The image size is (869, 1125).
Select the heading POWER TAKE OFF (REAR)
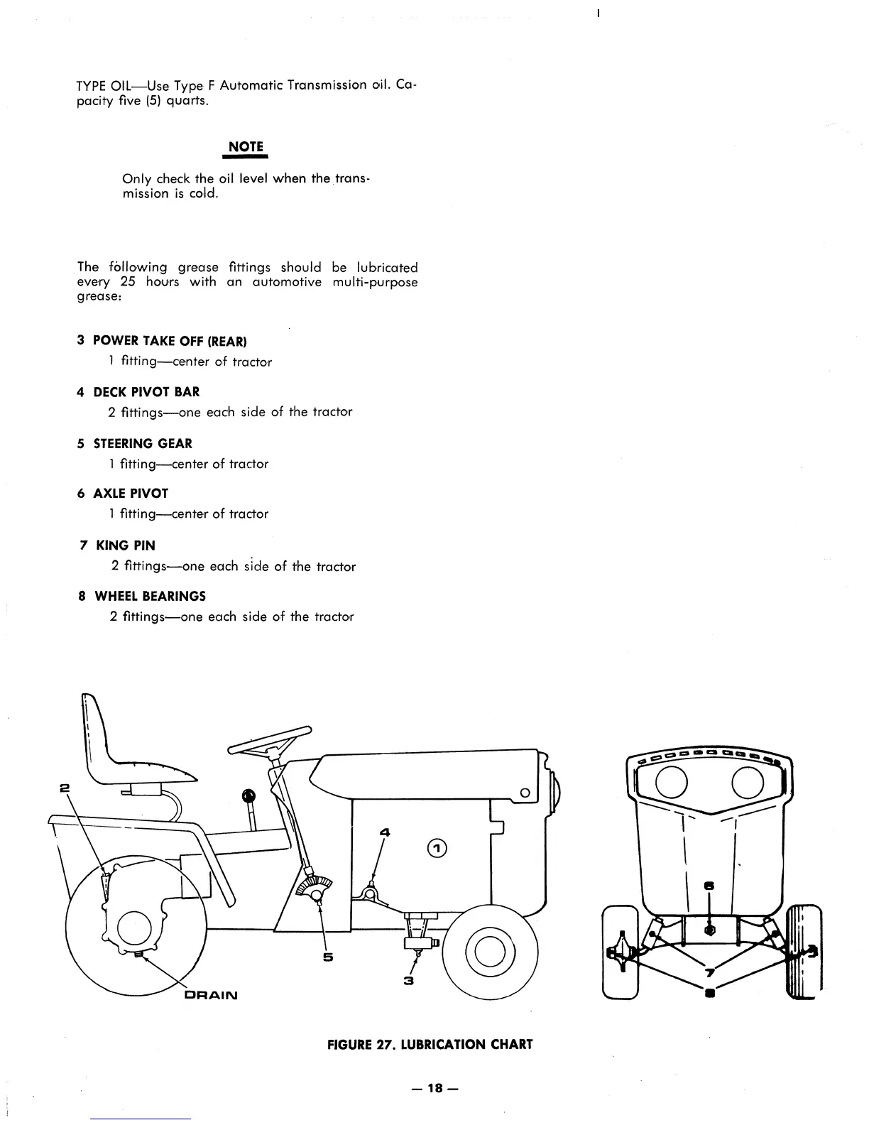click(x=170, y=341)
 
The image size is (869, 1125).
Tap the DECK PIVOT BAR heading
click(x=146, y=392)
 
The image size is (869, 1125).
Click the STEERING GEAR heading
click(x=143, y=444)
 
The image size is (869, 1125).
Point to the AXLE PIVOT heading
click(x=131, y=494)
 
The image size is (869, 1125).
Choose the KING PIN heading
click(x=125, y=545)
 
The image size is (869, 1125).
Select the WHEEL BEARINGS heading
click(x=150, y=596)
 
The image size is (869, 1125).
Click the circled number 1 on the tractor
click(x=437, y=847)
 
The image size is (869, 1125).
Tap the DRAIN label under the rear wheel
click(x=211, y=995)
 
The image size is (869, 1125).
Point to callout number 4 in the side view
click(x=386, y=831)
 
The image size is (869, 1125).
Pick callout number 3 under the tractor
click(x=408, y=981)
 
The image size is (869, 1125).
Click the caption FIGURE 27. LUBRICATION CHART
click(x=430, y=1044)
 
